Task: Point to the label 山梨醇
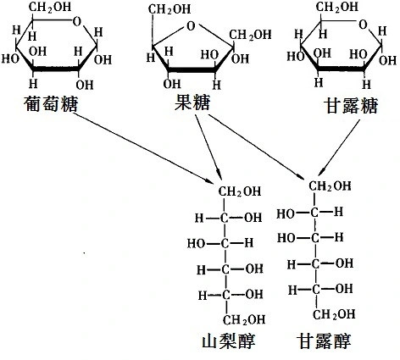230,343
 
